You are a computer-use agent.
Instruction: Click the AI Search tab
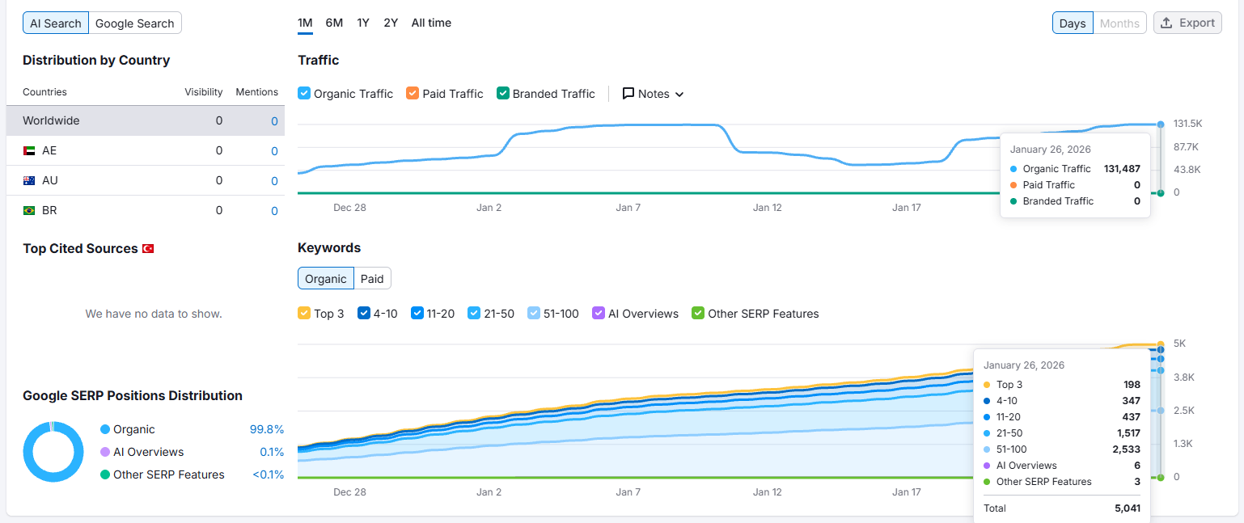coord(56,23)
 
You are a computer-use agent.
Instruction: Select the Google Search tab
coord(135,23)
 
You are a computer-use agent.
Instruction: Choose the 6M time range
coord(334,23)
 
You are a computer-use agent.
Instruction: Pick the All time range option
coord(431,23)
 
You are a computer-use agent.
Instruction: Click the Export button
coord(1187,23)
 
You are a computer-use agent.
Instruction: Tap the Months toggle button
coord(1119,23)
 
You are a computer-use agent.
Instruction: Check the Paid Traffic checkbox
coord(412,93)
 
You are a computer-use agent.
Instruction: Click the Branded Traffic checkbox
coord(502,93)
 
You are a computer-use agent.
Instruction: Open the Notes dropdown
coord(653,94)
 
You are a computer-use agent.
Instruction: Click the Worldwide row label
coord(51,120)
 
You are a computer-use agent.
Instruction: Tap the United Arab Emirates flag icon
coord(29,150)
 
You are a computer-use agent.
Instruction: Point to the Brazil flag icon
coord(29,210)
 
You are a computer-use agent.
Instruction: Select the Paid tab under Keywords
coord(372,279)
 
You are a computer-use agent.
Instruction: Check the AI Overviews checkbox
coord(598,313)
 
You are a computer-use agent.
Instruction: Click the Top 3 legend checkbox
coord(304,313)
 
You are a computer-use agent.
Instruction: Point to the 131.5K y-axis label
coord(1187,123)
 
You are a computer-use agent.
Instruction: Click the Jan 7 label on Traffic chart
coord(628,208)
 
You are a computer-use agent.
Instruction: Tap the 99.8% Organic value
coord(267,429)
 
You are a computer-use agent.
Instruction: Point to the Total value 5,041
coord(1128,508)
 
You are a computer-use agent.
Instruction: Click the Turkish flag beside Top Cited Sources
coord(148,249)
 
